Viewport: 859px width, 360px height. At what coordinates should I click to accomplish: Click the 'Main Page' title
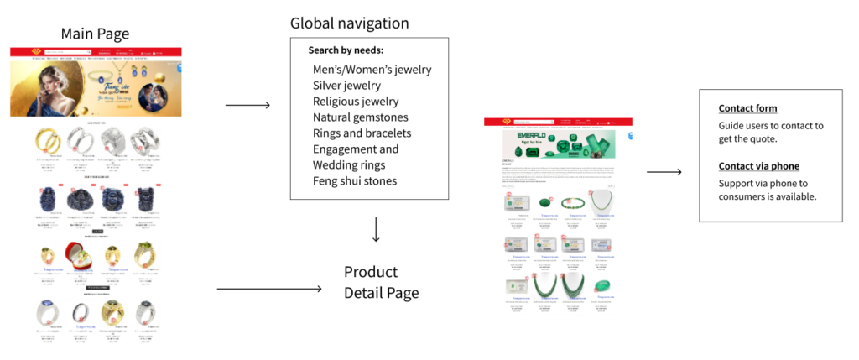pos(95,34)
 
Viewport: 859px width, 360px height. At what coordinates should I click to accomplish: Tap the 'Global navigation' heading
pos(349,23)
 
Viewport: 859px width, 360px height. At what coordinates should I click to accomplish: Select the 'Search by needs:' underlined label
pos(345,50)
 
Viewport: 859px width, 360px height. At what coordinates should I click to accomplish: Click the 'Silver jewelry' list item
pos(346,86)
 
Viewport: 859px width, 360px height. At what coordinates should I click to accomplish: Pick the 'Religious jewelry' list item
pos(356,102)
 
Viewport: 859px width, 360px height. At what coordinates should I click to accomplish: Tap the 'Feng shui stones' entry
pos(355,181)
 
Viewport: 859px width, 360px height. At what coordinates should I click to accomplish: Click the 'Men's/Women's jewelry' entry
pos(372,70)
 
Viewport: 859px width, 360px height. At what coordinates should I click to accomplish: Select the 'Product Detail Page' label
pos(381,283)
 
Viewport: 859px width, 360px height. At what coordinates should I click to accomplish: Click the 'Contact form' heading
pos(747,108)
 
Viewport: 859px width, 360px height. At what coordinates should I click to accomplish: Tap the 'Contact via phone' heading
pos(758,166)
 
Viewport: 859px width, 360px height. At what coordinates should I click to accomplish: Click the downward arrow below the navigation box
pos(376,229)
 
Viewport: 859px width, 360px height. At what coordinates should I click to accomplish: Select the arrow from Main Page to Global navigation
pos(248,105)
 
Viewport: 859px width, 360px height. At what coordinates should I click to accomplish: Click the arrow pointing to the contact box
pos(664,172)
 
